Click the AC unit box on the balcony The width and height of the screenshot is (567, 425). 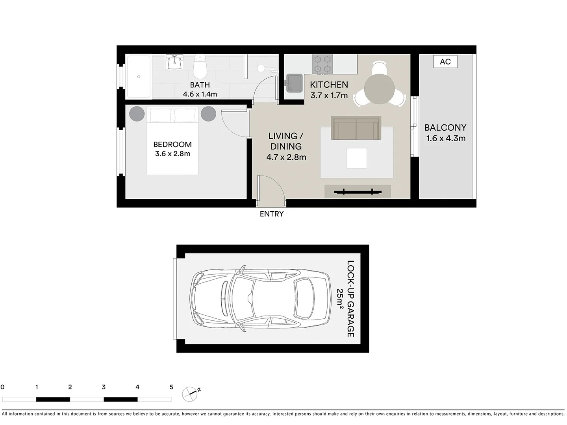[x=445, y=62]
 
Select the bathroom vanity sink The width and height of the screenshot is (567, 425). [x=174, y=63]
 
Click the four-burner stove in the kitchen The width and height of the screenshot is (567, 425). [x=322, y=64]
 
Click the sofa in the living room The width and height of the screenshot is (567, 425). [x=356, y=128]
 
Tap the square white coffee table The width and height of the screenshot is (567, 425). [x=356, y=158]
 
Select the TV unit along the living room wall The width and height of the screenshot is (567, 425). [x=358, y=192]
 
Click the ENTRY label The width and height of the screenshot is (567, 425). [x=271, y=214]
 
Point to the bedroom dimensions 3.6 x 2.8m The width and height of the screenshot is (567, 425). [x=172, y=154]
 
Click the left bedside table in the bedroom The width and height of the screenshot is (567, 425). [x=137, y=114]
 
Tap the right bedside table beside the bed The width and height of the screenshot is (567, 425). [x=208, y=114]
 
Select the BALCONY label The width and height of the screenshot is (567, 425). [x=445, y=128]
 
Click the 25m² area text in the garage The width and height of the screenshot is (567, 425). [x=340, y=299]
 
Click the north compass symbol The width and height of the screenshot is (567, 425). [x=190, y=394]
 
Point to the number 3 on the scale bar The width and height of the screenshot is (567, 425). [x=104, y=387]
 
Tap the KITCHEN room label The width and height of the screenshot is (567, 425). [x=329, y=85]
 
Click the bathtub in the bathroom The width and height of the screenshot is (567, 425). [x=138, y=77]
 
